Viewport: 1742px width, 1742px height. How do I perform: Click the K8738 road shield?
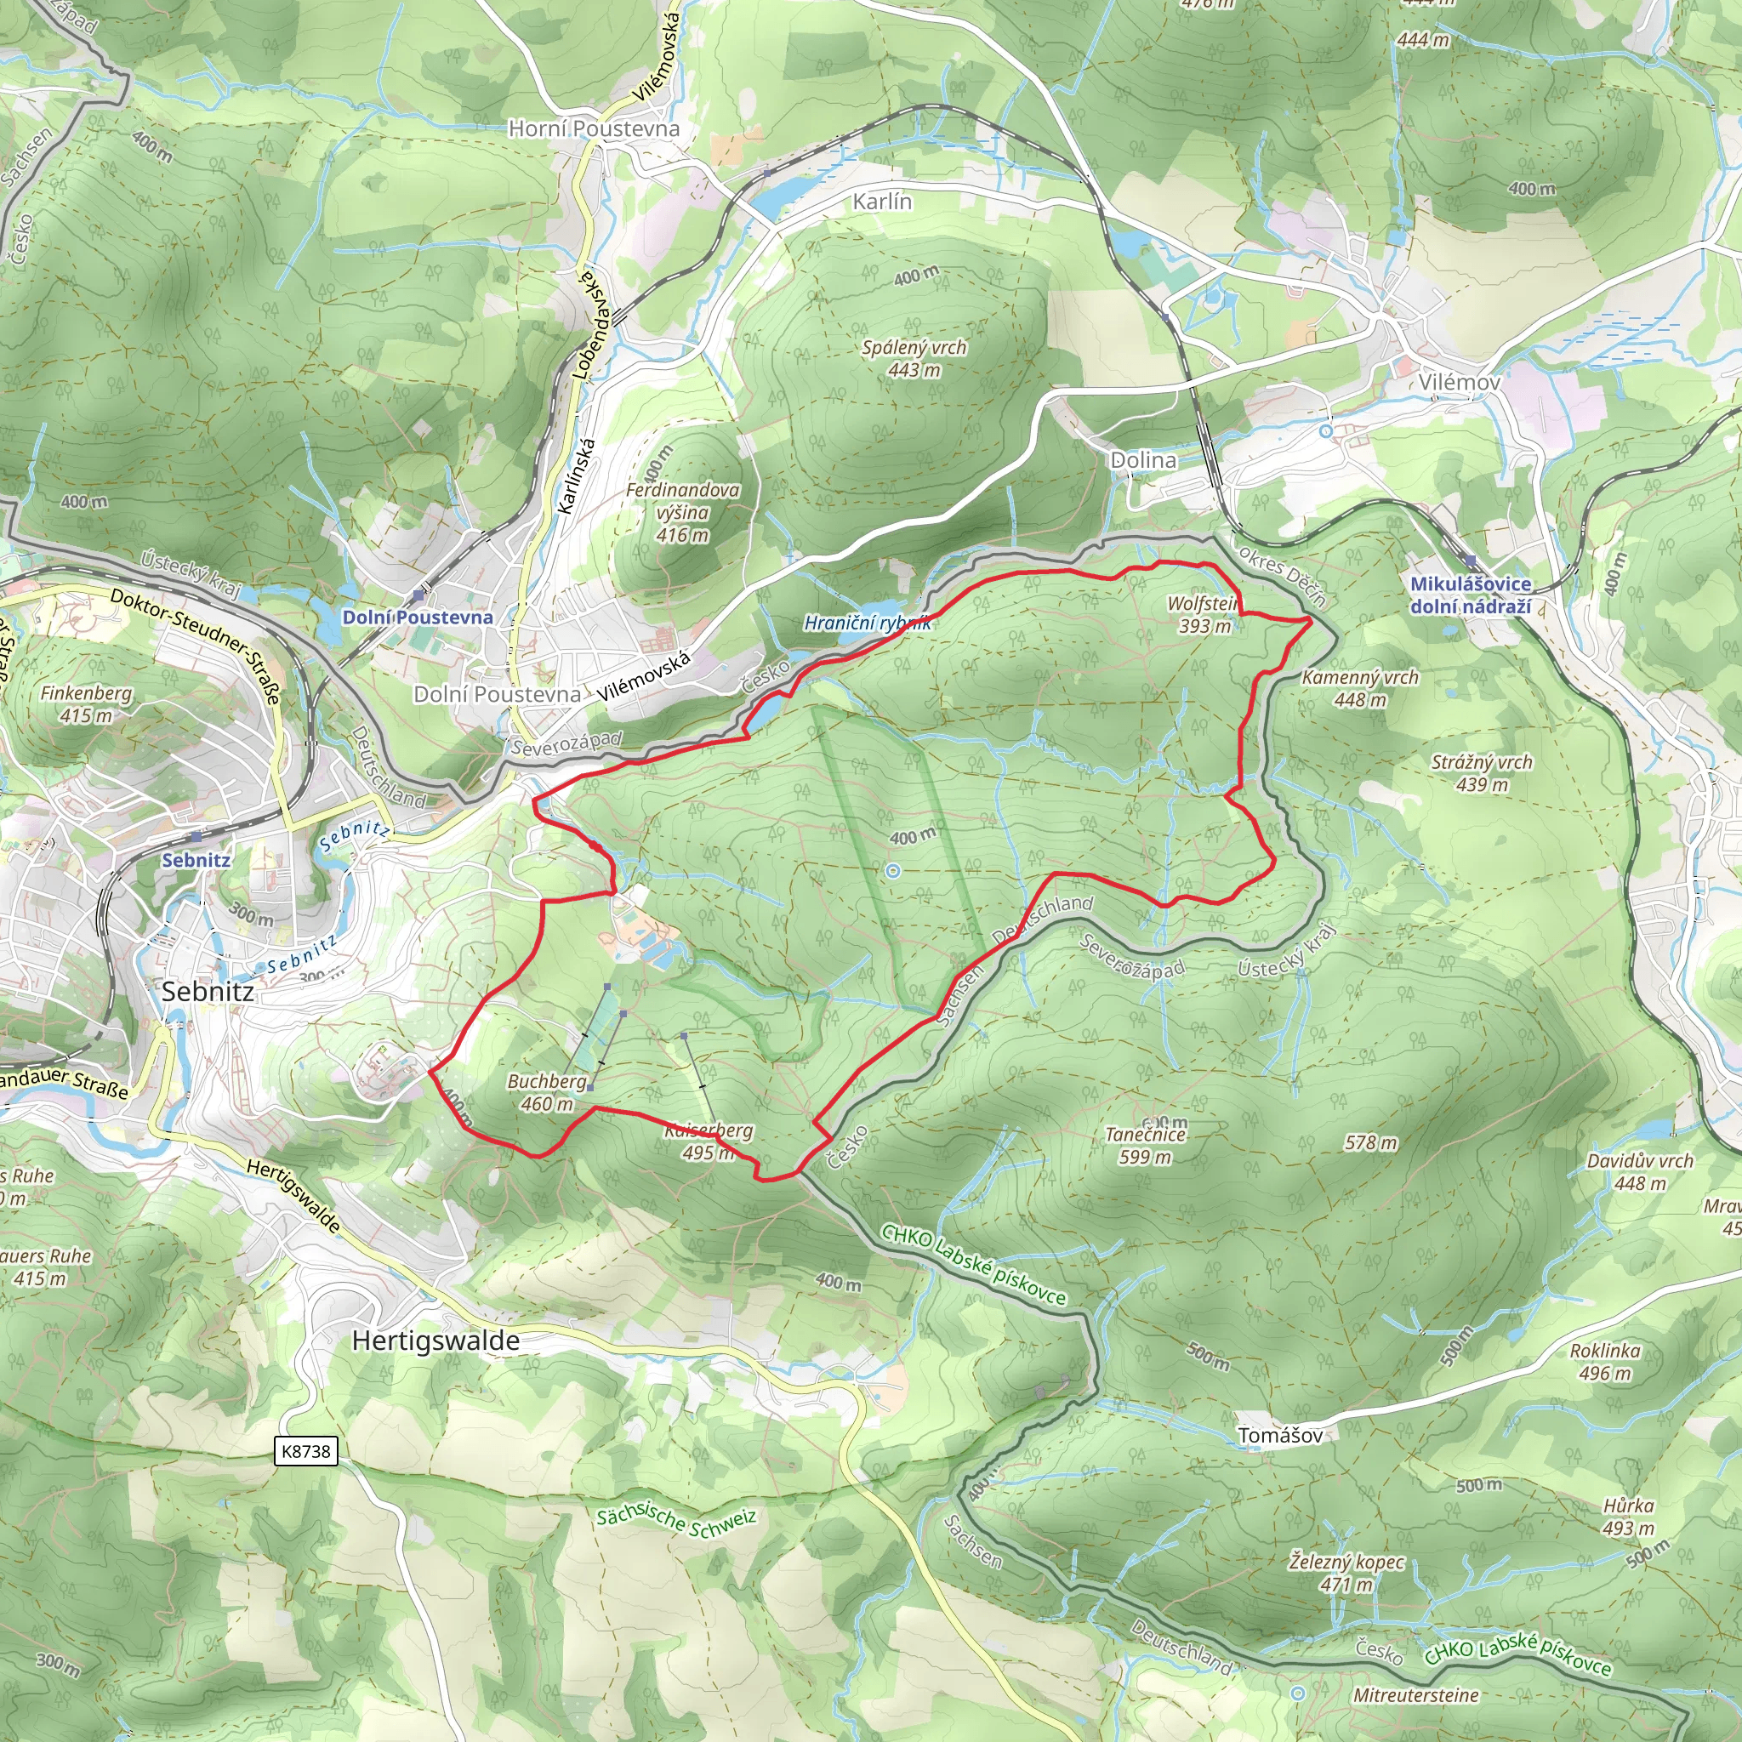305,1451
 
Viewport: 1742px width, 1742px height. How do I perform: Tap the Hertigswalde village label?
435,1341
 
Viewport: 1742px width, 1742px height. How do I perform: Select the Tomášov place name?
1280,1436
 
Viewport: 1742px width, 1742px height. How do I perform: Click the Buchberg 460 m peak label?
547,1092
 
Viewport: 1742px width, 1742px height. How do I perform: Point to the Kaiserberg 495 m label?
709,1141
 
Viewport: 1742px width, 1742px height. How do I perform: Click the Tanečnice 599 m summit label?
1145,1145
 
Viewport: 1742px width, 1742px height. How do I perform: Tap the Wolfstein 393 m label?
1204,614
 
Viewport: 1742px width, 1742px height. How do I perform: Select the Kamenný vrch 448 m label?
1360,688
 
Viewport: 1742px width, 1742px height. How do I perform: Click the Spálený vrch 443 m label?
914,358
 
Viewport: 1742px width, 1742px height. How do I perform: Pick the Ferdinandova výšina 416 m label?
682,512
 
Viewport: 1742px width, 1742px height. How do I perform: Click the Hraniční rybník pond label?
867,623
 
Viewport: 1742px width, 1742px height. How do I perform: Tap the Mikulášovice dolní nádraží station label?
1471,595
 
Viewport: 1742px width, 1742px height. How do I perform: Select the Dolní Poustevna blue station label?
418,618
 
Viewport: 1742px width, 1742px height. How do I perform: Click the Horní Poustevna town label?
594,129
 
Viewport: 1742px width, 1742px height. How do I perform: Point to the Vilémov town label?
1459,382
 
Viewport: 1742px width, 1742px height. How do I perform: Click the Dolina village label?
1142,460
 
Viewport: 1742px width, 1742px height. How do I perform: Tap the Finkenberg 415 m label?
86,704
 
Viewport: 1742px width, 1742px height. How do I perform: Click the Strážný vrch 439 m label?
1482,772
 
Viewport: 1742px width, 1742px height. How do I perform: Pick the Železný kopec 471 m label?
1346,1573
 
